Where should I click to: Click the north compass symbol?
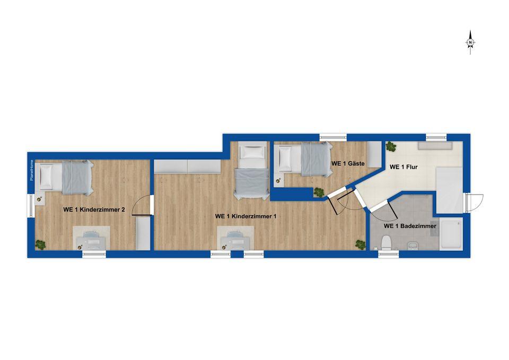(470, 42)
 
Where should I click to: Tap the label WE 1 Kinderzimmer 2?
(94, 210)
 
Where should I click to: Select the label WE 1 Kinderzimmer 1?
(245, 216)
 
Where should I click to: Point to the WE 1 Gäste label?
(348, 164)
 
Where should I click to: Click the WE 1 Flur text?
(403, 167)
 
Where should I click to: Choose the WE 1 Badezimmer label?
(410, 226)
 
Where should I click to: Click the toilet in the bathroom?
(387, 243)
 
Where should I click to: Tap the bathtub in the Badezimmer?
(451, 234)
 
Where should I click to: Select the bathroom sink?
(413, 245)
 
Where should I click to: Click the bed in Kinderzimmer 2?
(65, 178)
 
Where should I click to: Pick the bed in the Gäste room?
(303, 159)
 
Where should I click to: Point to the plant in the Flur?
(391, 146)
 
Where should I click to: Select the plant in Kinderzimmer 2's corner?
(41, 244)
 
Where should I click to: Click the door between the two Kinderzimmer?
(143, 205)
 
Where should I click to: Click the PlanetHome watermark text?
(31, 170)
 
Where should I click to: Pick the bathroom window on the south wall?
(389, 254)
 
